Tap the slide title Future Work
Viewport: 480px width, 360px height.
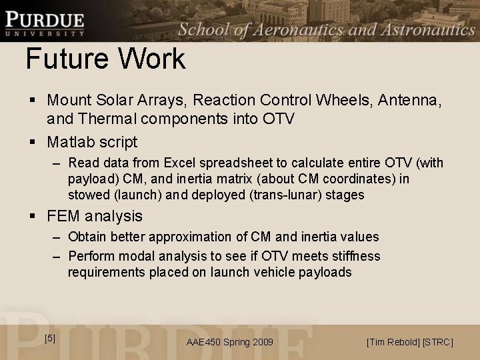105,59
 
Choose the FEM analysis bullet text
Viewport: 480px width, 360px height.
95,216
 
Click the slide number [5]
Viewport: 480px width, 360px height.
50,338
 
